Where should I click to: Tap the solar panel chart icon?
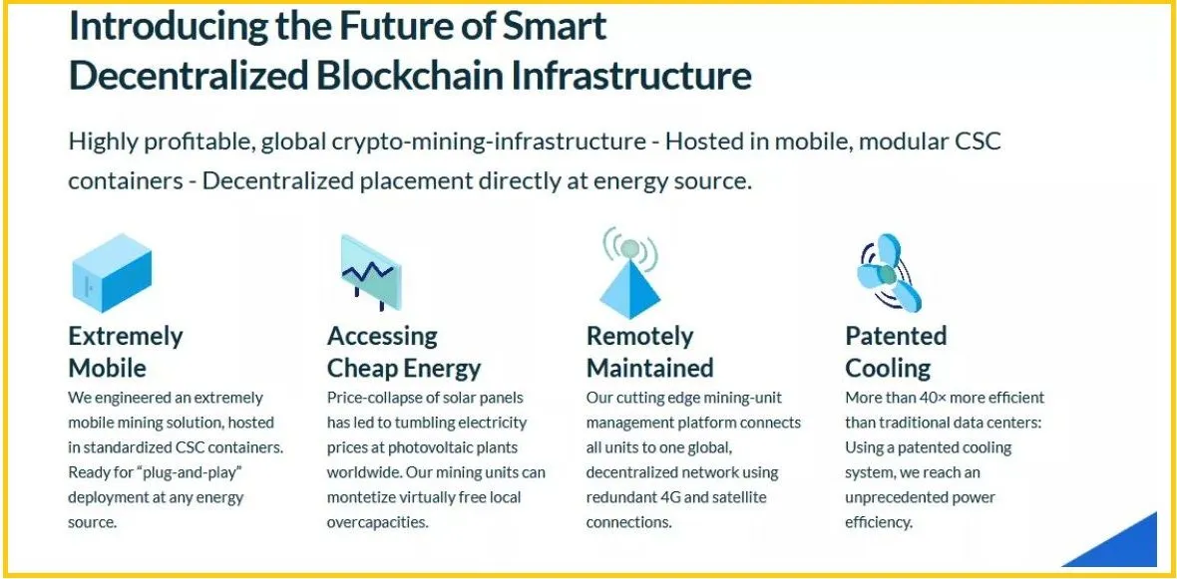tap(369, 272)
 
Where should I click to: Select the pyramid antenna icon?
tap(629, 272)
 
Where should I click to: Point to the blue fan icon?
tap(889, 271)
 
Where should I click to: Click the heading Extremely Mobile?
tap(126, 352)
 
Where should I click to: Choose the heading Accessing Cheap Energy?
tap(404, 352)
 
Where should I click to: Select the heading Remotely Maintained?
tap(649, 352)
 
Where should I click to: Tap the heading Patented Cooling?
tap(896, 352)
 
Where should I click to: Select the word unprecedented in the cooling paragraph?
tap(898, 497)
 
